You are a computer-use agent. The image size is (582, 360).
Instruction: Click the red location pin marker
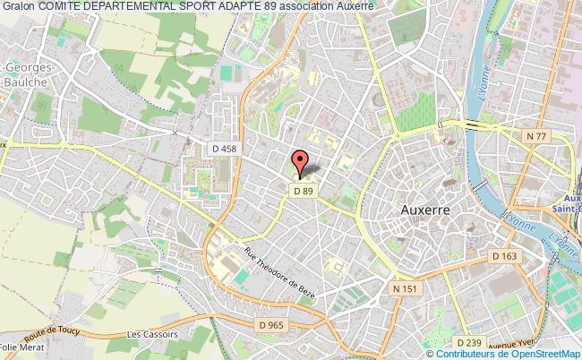click(x=301, y=163)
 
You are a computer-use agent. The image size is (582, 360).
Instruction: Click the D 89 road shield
click(x=301, y=190)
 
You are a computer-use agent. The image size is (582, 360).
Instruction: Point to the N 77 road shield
click(x=535, y=134)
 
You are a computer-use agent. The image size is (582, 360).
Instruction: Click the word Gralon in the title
click(x=18, y=6)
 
